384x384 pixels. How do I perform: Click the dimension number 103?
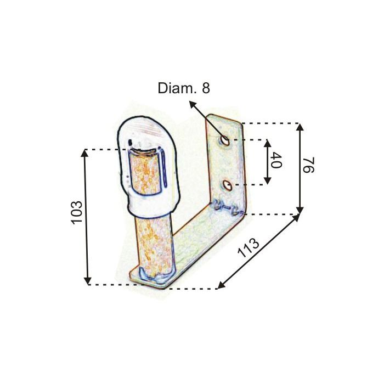(x=76, y=212)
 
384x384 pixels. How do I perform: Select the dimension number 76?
(x=308, y=165)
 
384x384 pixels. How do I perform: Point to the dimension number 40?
(x=276, y=160)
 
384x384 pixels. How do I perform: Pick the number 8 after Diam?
(x=206, y=88)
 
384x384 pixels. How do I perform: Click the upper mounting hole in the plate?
(x=224, y=140)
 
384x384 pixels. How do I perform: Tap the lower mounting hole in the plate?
(x=228, y=185)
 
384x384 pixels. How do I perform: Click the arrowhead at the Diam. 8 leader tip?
(x=193, y=105)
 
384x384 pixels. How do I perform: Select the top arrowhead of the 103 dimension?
(x=84, y=153)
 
